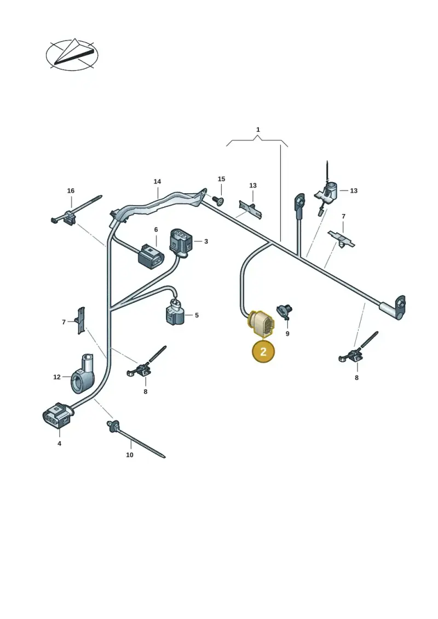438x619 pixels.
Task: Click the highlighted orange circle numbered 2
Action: point(263,351)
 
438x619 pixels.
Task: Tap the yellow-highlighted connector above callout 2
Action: point(261,325)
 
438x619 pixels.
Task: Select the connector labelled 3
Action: point(181,242)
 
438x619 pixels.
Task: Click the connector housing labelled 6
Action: point(151,256)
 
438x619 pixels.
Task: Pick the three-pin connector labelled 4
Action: point(57,416)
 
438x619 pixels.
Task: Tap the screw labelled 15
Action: point(218,201)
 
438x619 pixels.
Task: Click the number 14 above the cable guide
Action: point(157,182)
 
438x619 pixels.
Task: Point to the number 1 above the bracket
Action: point(258,130)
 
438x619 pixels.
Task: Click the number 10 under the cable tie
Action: point(130,455)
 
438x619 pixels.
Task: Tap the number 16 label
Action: point(71,190)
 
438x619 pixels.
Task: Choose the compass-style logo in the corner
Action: point(72,55)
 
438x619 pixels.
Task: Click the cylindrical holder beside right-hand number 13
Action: point(327,191)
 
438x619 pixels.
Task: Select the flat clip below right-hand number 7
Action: point(342,239)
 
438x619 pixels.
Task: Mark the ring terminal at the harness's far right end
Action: point(400,306)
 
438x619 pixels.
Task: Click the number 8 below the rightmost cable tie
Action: point(356,378)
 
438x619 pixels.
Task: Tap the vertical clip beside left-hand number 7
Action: point(80,320)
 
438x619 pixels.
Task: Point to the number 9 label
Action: point(287,333)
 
